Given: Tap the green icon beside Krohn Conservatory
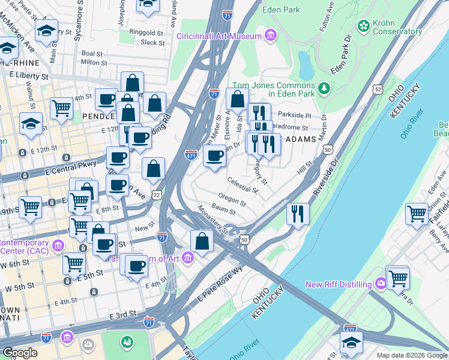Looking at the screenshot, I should pos(363,26).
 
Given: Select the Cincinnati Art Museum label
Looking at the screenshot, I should pos(219,36).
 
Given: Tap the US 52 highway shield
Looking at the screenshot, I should pos(377,89).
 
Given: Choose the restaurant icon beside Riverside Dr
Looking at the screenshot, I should pos(298,214).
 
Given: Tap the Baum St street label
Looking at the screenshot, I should pos(223,209).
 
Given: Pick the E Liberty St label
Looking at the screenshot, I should pos(28,77).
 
